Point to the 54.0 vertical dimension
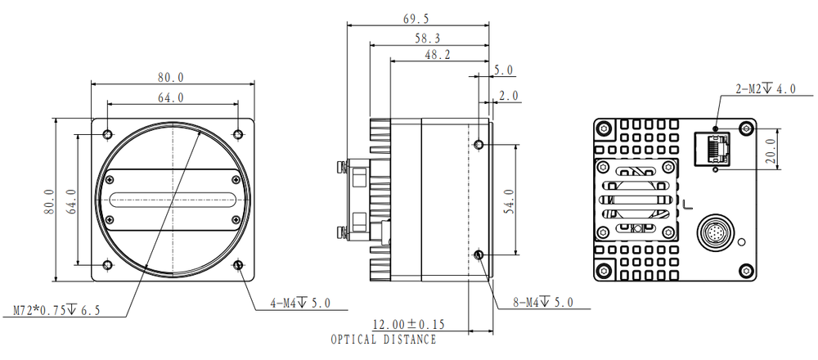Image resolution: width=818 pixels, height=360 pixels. [531, 199]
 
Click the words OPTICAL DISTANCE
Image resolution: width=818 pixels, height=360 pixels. [383, 340]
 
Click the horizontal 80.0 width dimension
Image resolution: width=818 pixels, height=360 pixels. [171, 77]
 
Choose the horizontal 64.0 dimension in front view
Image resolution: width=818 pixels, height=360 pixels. [171, 97]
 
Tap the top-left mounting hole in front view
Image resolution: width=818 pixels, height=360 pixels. [107, 134]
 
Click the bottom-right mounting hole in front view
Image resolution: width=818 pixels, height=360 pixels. [238, 265]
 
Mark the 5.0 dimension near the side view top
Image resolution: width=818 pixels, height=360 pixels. [505, 70]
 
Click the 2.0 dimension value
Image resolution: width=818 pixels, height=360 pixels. [509, 96]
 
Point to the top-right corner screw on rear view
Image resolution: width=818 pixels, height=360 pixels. [745, 128]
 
